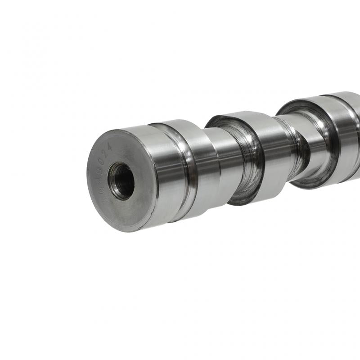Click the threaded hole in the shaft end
coord(121,181)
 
